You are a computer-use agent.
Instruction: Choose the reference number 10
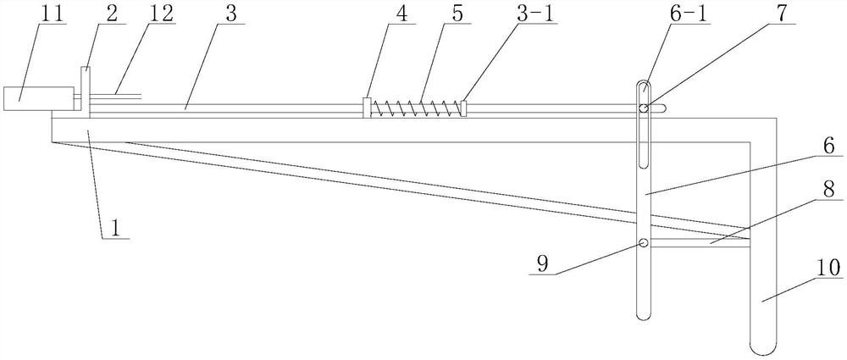click(826, 269)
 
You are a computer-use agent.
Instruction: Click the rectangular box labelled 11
click(25, 99)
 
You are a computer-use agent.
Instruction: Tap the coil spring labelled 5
click(415, 108)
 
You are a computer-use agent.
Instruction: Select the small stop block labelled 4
click(366, 108)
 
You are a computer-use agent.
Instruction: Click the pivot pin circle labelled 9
click(644, 244)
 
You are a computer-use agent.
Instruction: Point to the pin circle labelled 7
click(644, 108)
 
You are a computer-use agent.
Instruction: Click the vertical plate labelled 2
click(86, 88)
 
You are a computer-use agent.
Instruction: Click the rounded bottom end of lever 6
click(644, 314)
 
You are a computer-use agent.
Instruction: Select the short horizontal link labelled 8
click(699, 244)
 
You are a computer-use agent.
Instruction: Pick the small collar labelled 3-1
click(464, 108)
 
